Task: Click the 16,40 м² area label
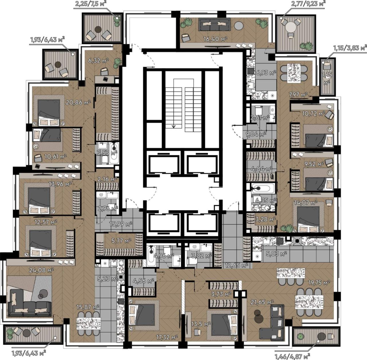(215, 39)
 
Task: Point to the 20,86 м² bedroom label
(78, 102)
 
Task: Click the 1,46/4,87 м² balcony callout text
(292, 356)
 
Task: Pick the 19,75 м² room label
(319, 283)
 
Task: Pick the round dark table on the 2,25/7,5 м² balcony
(98, 30)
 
